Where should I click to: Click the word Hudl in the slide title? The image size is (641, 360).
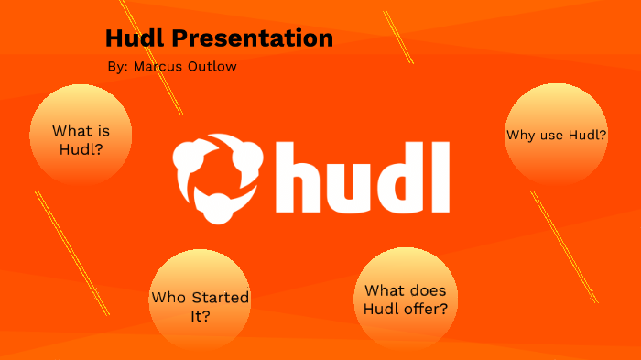tap(137, 38)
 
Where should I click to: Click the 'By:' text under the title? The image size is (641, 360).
tap(118, 68)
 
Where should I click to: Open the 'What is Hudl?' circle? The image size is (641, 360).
tap(81, 138)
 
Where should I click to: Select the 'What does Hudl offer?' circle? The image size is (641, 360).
tap(406, 299)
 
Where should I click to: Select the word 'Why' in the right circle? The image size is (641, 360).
tap(520, 136)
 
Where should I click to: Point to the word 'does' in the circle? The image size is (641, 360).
tap(426, 290)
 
